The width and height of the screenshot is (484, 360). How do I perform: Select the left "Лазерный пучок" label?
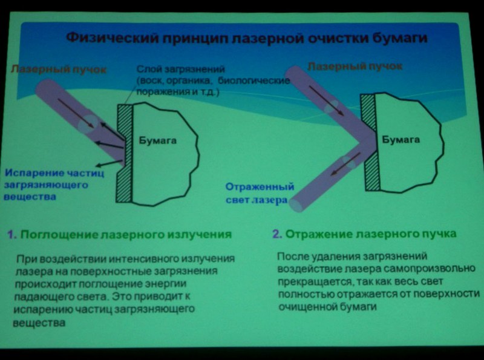pos(58,69)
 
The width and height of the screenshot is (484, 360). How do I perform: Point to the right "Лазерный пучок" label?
pos(355,66)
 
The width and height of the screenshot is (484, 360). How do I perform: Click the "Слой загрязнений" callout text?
pos(180,69)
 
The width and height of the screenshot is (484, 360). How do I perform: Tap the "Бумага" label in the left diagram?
pos(157,141)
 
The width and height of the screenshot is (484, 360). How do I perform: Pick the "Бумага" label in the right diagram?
pos(401,140)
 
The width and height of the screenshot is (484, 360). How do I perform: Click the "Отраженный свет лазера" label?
pos(260,194)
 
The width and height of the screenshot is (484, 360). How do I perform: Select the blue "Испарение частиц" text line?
pos(54,173)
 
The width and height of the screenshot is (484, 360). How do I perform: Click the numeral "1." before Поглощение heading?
pos(11,235)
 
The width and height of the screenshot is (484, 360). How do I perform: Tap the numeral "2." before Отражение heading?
pos(277,234)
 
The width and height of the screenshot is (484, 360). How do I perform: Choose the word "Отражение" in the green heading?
pos(318,234)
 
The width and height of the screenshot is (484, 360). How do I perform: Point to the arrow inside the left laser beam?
pos(76,113)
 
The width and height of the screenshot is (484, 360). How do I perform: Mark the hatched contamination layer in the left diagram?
pos(125,154)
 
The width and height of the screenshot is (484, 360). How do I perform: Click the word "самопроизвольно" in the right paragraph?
pos(429,269)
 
